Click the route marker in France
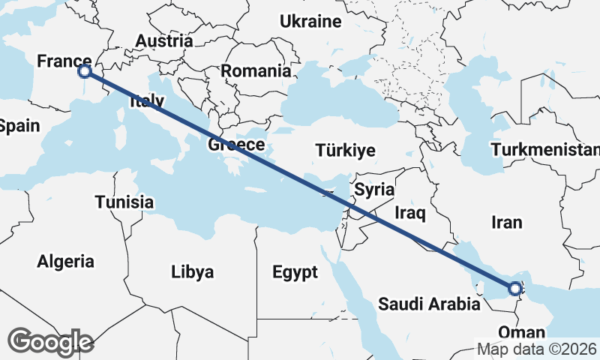85,71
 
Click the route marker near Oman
515,288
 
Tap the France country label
64,61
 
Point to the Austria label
164,40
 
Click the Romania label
256,71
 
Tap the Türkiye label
345,150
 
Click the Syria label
374,189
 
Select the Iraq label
410,214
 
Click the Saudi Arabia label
429,304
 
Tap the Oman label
517,332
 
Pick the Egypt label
295,271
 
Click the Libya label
193,271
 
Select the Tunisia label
124,202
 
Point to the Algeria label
66,261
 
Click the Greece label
236,145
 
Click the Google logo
51,342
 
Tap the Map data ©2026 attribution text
536,349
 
